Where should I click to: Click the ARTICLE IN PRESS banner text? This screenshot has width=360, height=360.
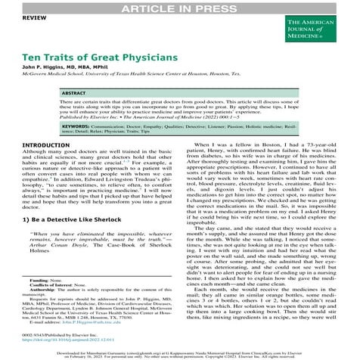click(x=180, y=7)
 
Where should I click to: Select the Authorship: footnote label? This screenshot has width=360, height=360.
click(x=43, y=290)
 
